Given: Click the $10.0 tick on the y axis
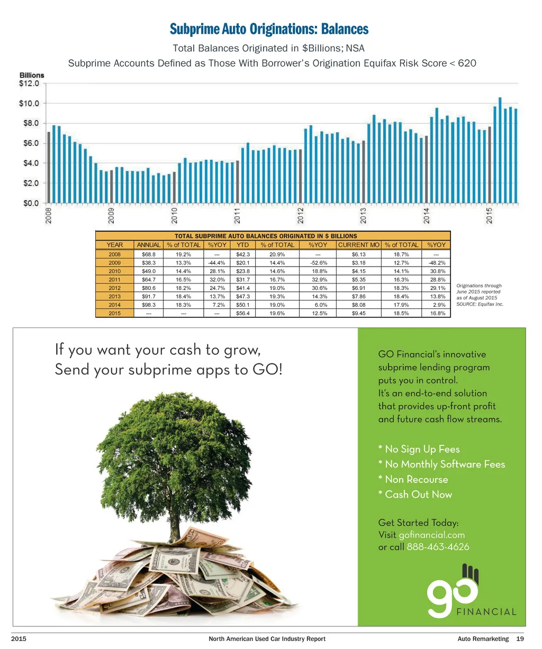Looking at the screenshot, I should [x=30, y=103].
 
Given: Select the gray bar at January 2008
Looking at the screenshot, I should [x=49, y=167].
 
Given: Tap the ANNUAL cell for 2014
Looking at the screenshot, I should [x=149, y=305].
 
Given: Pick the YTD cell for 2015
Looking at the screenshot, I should [x=243, y=314].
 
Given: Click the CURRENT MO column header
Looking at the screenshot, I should [x=359, y=245].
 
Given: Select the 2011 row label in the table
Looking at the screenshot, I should [x=114, y=280].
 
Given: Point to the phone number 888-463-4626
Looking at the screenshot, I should [x=438, y=547].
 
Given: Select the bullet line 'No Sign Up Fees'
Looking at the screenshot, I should [x=419, y=449].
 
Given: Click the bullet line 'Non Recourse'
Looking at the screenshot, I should [x=413, y=479].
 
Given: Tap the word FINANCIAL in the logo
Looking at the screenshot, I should [x=486, y=612].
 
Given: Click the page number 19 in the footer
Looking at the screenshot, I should [x=520, y=639].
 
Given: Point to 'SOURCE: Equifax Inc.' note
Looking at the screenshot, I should [x=480, y=304].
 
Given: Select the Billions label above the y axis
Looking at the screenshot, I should [x=32, y=75].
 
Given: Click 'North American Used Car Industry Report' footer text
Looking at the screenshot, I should [x=267, y=639].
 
